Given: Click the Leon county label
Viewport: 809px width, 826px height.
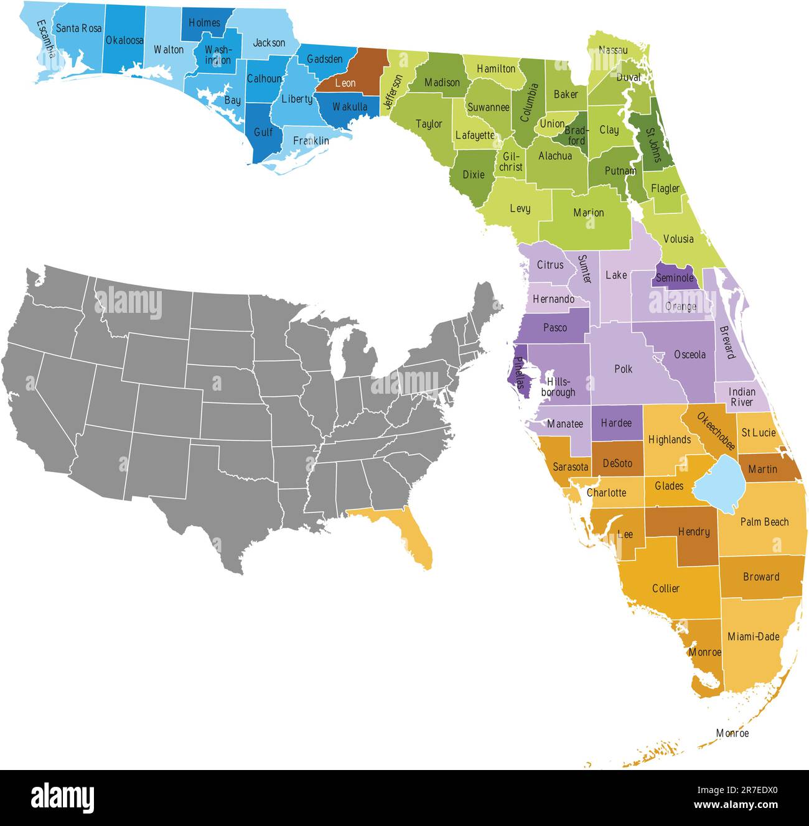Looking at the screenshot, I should [345, 83].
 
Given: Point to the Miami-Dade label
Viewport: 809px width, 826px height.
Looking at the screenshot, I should [754, 636].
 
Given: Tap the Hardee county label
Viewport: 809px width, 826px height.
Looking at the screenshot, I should [616, 423].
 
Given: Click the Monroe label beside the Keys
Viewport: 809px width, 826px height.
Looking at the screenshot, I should [732, 733].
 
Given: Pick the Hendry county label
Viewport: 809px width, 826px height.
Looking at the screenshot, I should [694, 532].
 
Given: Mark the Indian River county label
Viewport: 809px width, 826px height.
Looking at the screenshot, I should [742, 397].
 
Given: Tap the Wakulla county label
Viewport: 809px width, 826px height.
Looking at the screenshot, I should [350, 107].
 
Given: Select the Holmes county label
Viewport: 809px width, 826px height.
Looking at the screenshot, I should [204, 23].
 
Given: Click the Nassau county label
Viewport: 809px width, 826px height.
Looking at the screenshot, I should [613, 50].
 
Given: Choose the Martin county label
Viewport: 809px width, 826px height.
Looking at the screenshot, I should [763, 469].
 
